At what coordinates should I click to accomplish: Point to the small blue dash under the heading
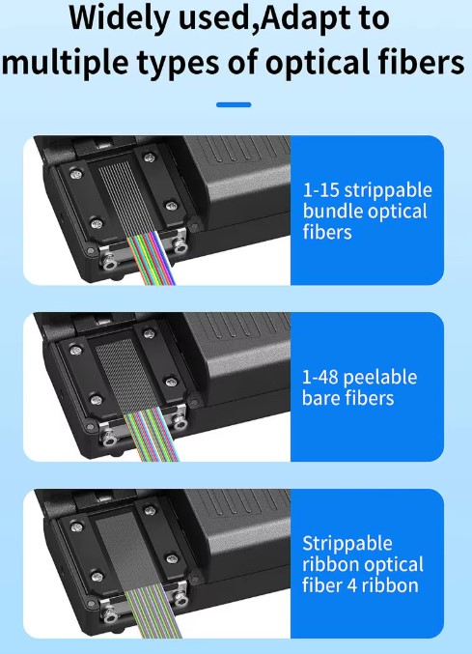click(x=234, y=104)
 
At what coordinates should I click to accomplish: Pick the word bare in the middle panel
click(x=321, y=397)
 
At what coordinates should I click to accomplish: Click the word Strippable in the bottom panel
click(x=347, y=544)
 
